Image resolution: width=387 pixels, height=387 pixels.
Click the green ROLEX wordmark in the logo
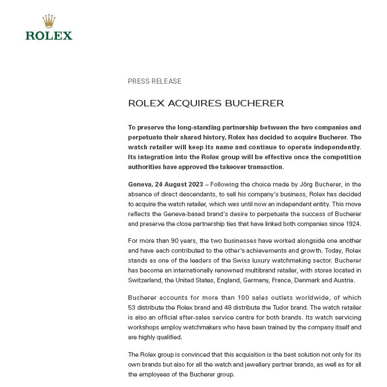49,35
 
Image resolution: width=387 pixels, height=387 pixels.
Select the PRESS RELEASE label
155,81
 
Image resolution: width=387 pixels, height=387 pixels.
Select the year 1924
352,224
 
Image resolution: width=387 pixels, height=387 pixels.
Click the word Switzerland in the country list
147,279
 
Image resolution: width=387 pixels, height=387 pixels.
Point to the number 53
132,307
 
